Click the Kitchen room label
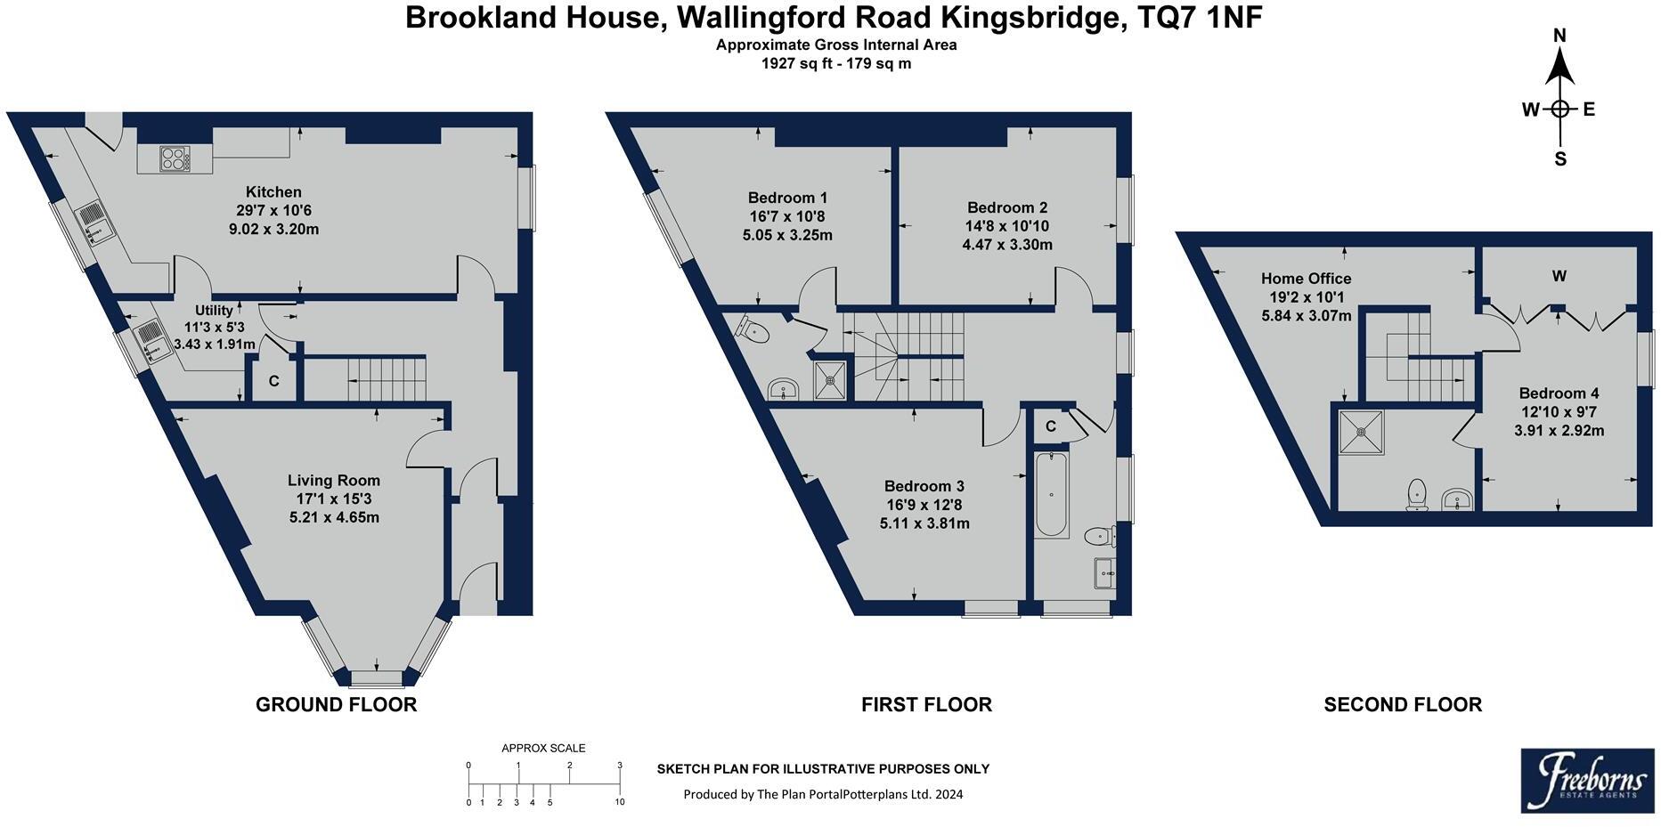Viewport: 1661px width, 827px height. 273,192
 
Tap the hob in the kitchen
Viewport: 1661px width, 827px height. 175,159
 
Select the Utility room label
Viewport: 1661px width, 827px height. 214,311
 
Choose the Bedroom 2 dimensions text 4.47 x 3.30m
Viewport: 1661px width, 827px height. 1007,245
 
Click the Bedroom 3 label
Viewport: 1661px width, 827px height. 924,486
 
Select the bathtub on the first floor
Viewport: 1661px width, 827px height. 1052,495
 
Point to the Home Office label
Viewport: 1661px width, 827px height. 1306,279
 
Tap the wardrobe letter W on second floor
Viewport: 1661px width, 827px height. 1559,277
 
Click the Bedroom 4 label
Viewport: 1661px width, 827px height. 1559,393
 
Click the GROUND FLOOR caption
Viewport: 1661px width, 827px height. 336,705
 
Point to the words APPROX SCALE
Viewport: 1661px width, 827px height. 543,749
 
